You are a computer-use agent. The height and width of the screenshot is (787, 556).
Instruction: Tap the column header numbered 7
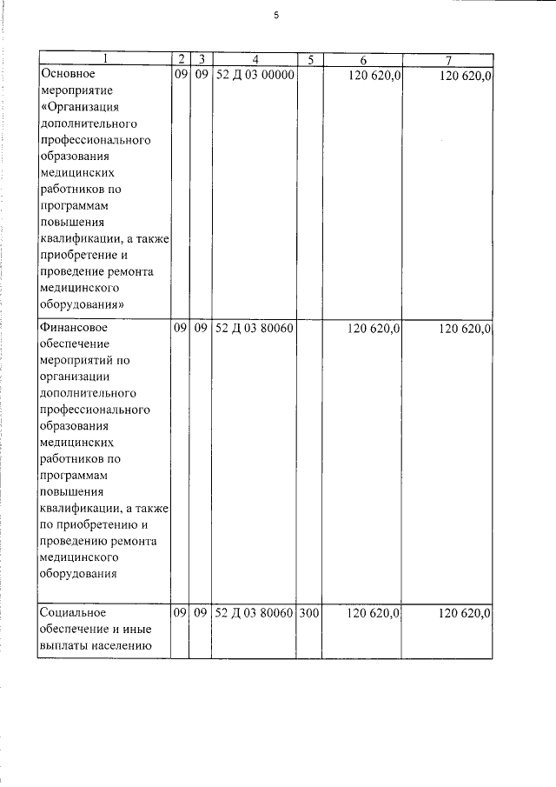(447, 60)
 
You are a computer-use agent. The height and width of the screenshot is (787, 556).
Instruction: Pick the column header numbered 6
(363, 60)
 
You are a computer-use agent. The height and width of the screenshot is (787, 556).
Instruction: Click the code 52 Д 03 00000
(255, 76)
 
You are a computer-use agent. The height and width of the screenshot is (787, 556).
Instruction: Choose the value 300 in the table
(309, 613)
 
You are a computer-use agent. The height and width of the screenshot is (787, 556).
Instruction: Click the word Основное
(67, 76)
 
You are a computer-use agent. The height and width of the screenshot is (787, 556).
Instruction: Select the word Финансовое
(73, 329)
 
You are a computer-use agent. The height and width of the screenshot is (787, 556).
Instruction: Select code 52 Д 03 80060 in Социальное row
(255, 613)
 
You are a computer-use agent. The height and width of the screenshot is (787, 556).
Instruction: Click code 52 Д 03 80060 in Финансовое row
(255, 329)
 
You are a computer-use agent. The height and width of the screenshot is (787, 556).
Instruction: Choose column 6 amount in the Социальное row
(374, 613)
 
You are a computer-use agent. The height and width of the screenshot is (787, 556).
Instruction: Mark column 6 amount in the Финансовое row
(374, 329)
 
